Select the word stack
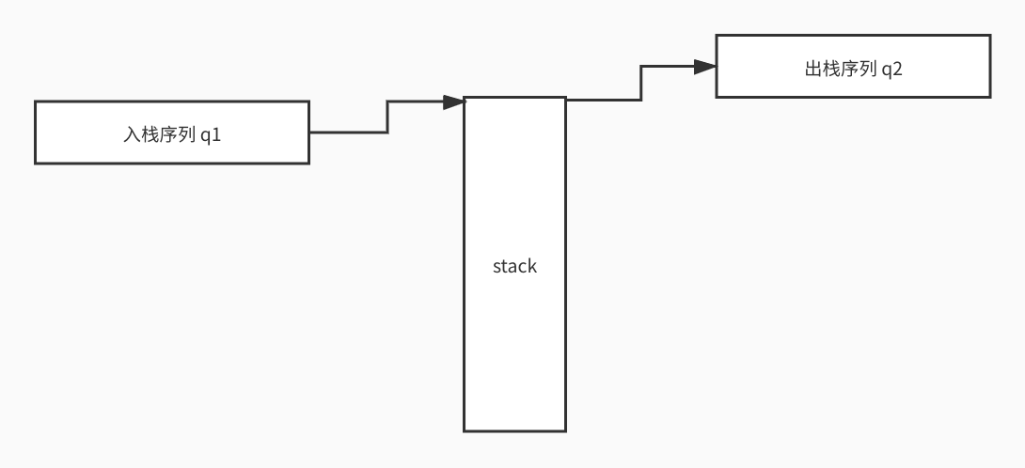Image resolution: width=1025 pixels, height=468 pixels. (514, 266)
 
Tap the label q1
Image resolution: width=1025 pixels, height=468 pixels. (211, 133)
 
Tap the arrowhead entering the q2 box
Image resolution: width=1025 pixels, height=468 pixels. (705, 67)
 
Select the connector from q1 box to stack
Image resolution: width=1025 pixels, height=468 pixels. (349, 133)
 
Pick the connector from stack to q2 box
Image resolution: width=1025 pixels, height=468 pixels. (604, 99)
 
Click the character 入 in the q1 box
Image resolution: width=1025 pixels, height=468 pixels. (133, 133)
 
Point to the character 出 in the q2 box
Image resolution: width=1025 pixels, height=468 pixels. (814, 68)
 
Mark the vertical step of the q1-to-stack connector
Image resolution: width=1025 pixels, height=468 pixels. (387, 117)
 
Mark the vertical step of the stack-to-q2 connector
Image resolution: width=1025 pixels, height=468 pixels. (641, 83)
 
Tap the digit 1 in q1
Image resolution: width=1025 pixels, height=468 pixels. (217, 133)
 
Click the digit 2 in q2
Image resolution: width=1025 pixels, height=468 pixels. (898, 68)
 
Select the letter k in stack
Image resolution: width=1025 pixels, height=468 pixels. (532, 266)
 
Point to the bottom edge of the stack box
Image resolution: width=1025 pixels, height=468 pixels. (514, 430)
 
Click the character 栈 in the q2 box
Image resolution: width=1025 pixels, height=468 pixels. (832, 68)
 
